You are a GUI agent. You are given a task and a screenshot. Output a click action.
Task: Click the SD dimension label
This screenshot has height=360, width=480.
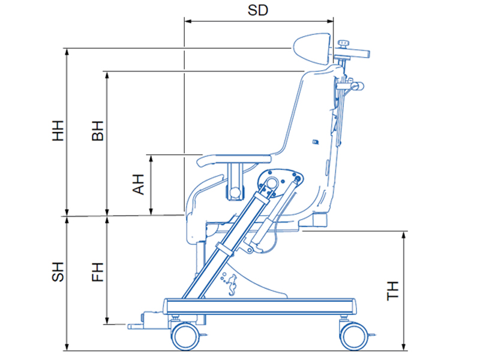pyautogui.click(x=258, y=10)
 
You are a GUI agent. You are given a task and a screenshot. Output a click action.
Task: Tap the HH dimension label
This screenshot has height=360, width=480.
pyautogui.click(x=58, y=131)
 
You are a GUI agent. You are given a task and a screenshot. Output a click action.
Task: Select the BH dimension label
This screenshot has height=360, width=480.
pyautogui.click(x=98, y=131)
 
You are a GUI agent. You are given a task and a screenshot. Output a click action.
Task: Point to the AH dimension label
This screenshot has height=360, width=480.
pyautogui.click(x=138, y=184)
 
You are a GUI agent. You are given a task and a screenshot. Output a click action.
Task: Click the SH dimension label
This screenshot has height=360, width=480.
pyautogui.click(x=58, y=272)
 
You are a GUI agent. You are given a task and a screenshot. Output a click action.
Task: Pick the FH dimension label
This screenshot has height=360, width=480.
pyautogui.click(x=98, y=272)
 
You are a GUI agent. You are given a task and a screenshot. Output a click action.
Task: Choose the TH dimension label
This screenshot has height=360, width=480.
pyautogui.click(x=392, y=291)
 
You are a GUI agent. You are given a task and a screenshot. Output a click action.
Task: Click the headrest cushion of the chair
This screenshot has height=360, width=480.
pyautogui.click(x=312, y=49)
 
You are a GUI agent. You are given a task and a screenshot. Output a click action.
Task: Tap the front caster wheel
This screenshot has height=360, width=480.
pyautogui.click(x=185, y=337)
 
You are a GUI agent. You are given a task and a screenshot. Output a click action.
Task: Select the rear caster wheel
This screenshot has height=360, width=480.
pyautogui.click(x=354, y=337)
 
